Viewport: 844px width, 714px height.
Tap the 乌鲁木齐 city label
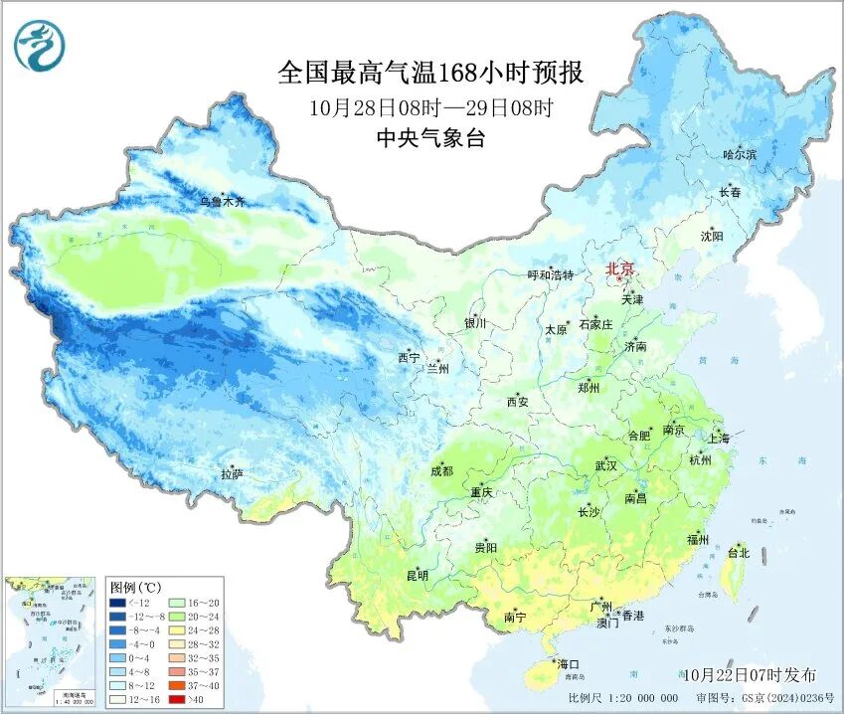(x=221, y=202)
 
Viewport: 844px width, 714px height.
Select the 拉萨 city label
(x=232, y=475)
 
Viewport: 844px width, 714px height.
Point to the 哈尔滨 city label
(x=739, y=154)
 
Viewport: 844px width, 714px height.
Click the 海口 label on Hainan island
(x=568, y=663)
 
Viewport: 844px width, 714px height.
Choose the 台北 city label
(x=739, y=552)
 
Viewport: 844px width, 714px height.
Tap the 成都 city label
(x=442, y=470)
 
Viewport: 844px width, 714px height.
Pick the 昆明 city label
(x=418, y=575)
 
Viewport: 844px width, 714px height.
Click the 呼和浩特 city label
(x=550, y=274)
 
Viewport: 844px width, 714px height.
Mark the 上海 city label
(x=718, y=439)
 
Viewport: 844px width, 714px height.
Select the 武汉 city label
(x=605, y=465)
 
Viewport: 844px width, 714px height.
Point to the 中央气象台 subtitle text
(x=430, y=139)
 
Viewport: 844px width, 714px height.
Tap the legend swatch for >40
(x=176, y=699)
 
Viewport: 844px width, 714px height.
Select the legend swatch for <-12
(x=117, y=603)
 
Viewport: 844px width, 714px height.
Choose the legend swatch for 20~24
(x=176, y=617)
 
